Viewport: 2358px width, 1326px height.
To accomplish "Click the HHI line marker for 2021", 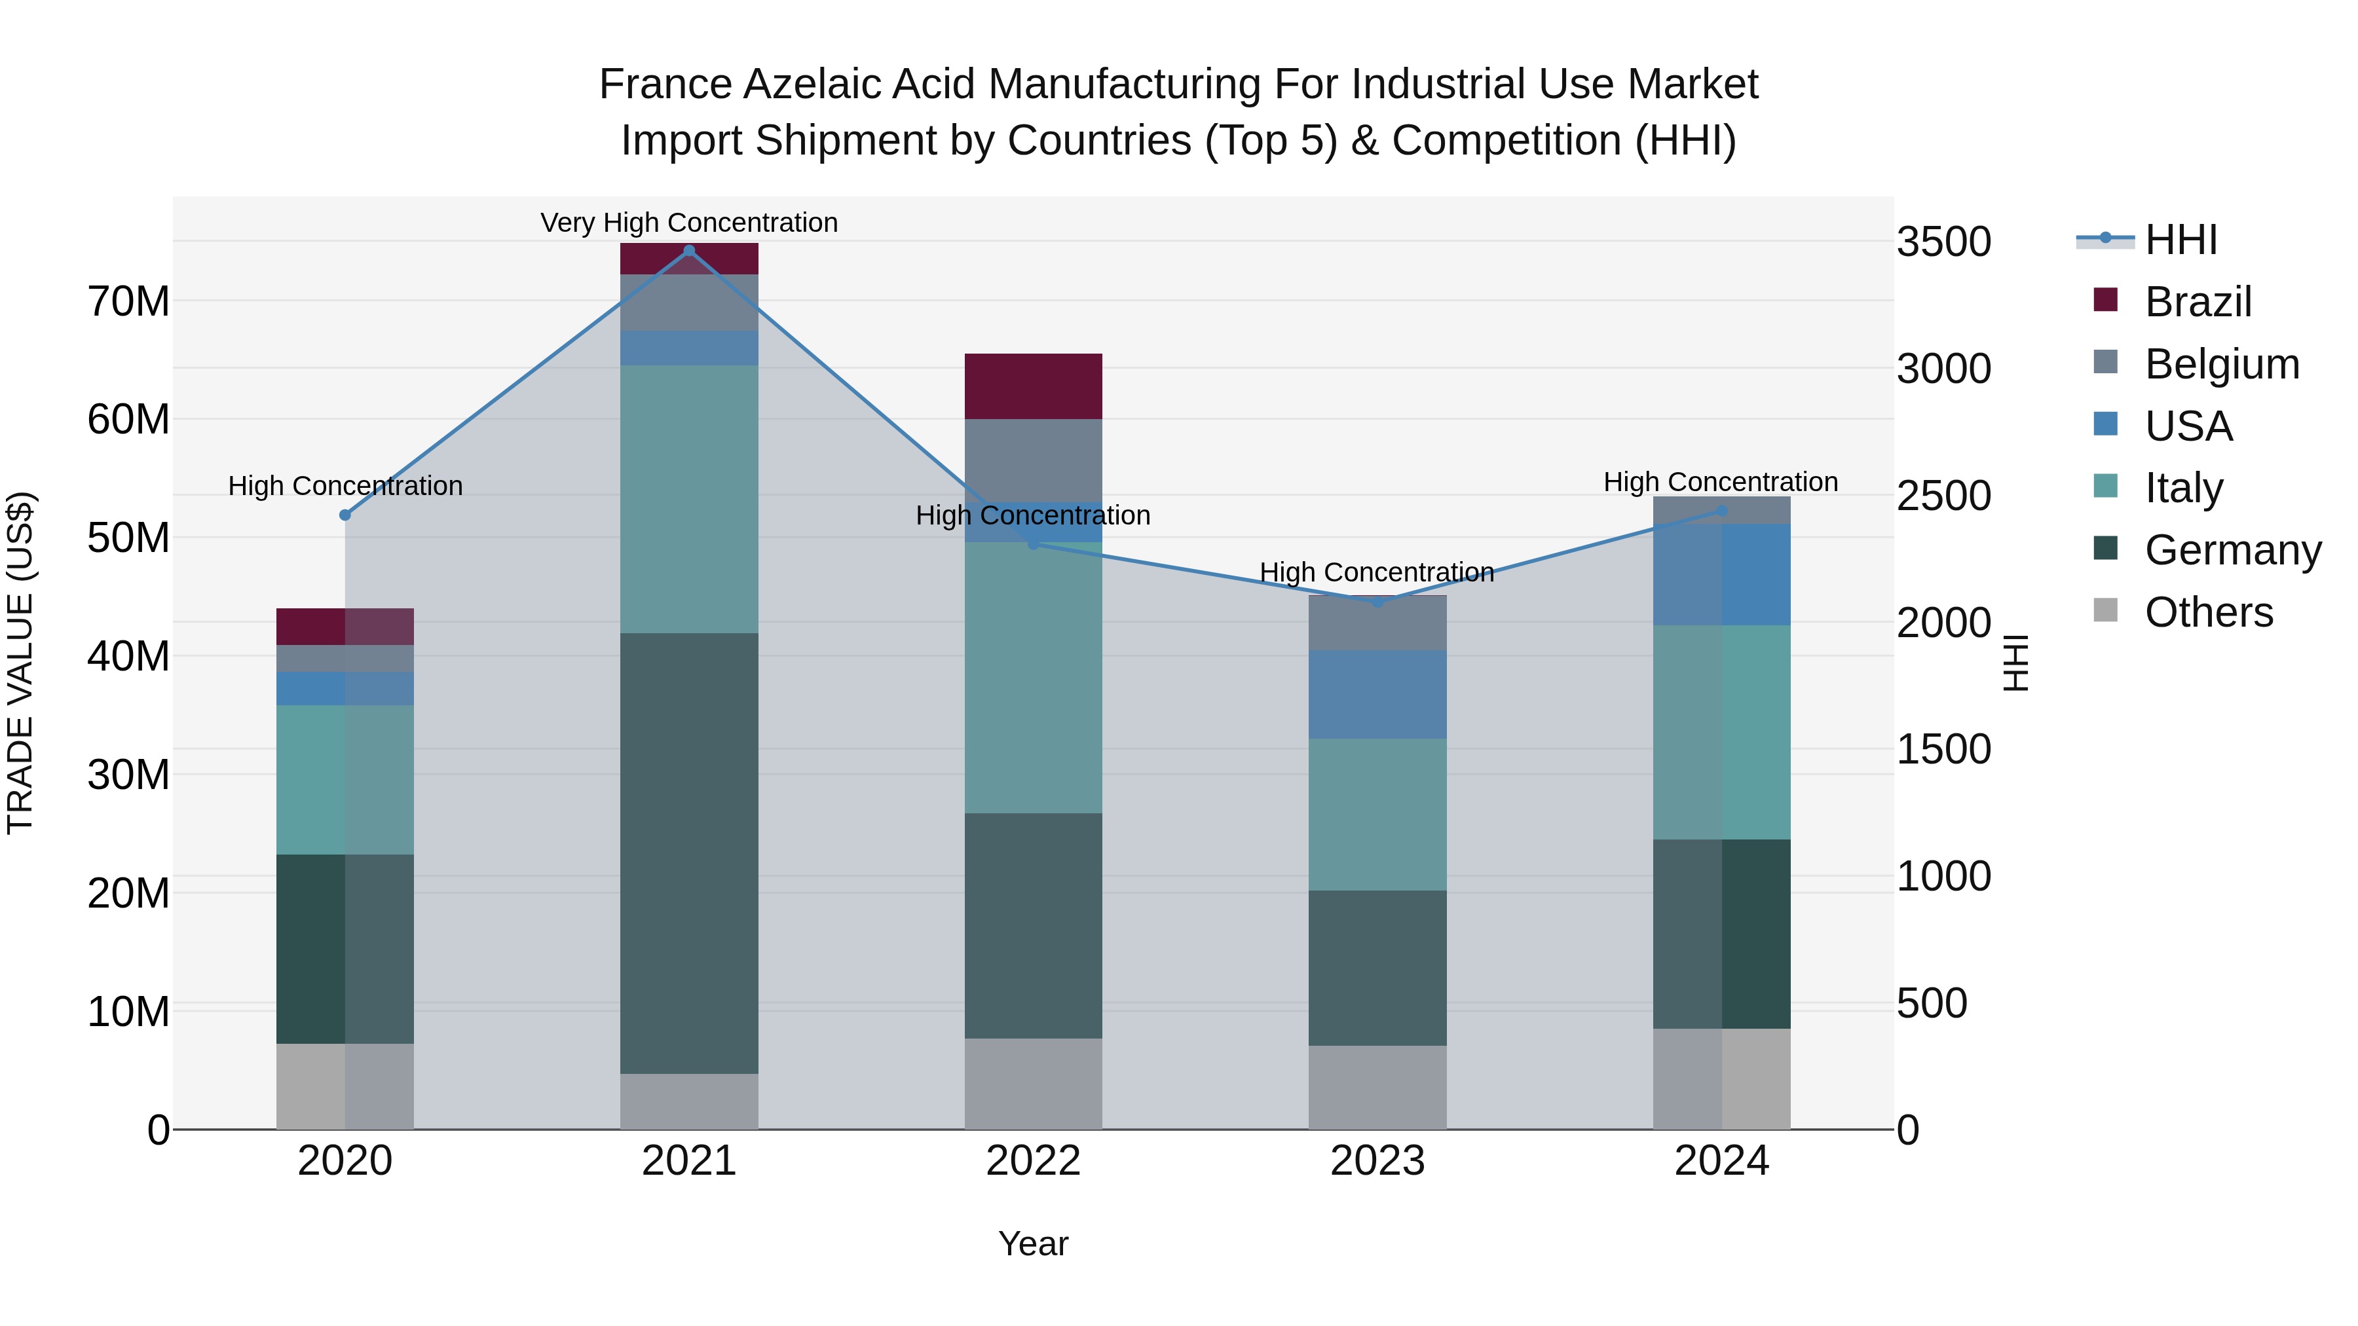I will point(689,251).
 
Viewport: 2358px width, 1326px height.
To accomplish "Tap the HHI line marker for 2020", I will point(345,515).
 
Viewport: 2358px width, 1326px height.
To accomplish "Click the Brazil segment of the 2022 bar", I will point(1034,386).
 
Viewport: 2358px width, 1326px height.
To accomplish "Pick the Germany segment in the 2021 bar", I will point(689,853).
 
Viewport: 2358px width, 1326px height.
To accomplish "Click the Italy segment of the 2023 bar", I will point(1377,815).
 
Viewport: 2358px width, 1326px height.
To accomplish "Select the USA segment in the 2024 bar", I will point(1722,575).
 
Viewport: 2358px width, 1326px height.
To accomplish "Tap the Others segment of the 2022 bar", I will point(1034,1084).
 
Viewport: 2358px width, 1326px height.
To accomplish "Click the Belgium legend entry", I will point(2222,364).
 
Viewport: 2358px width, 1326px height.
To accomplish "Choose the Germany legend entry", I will point(2233,550).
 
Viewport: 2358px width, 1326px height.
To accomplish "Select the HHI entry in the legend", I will point(2180,240).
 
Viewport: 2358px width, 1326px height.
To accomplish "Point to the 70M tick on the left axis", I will point(128,301).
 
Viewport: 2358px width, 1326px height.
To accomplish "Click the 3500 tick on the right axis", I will point(1943,242).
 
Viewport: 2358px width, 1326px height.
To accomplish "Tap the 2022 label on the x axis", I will point(1034,1161).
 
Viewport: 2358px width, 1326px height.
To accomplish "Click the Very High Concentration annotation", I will point(689,223).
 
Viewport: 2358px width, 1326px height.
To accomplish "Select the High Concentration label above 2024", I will point(1720,481).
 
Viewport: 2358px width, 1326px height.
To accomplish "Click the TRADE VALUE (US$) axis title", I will point(20,663).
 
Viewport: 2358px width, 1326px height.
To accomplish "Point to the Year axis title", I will point(1034,1243).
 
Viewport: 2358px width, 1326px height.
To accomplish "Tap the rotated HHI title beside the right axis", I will point(2017,663).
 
